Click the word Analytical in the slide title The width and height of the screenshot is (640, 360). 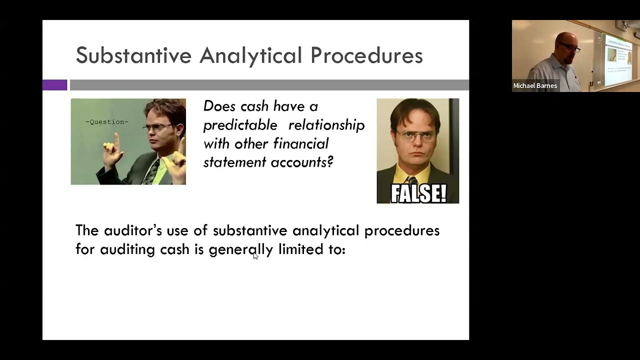tap(250, 55)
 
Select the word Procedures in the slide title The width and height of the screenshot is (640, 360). tap(366, 55)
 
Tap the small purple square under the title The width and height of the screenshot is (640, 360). tap(54, 85)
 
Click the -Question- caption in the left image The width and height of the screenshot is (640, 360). tap(106, 122)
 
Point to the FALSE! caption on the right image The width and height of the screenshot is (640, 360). tap(418, 193)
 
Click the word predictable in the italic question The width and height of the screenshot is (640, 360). tap(240, 125)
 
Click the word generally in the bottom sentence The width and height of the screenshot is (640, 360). tap(240, 249)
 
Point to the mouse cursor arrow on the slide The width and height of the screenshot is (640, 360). tap(255, 256)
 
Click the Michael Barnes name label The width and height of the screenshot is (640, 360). tap(535, 86)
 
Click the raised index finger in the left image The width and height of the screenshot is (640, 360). tap(116, 138)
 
